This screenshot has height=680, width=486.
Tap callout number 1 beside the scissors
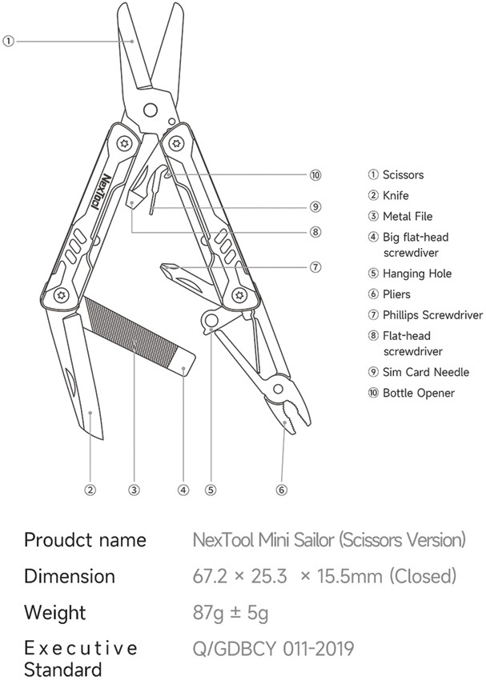(9, 41)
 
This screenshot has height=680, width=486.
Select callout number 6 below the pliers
(281, 490)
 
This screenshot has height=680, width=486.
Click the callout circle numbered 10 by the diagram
(315, 175)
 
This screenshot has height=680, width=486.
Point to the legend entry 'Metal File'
(408, 216)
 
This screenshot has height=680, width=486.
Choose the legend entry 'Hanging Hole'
(417, 274)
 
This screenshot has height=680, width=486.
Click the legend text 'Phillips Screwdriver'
(432, 315)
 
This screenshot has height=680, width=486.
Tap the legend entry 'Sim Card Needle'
(426, 372)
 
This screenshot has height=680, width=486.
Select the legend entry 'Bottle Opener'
(419, 393)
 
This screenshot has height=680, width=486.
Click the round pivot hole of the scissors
(151, 110)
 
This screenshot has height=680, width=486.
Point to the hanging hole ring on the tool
(211, 321)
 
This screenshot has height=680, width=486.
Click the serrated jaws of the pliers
(296, 415)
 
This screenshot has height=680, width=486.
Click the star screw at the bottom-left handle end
(61, 295)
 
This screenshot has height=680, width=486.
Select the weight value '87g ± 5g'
(231, 614)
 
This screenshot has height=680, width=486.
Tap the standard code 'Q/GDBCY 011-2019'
(273, 650)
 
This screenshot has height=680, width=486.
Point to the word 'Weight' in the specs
(54, 612)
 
